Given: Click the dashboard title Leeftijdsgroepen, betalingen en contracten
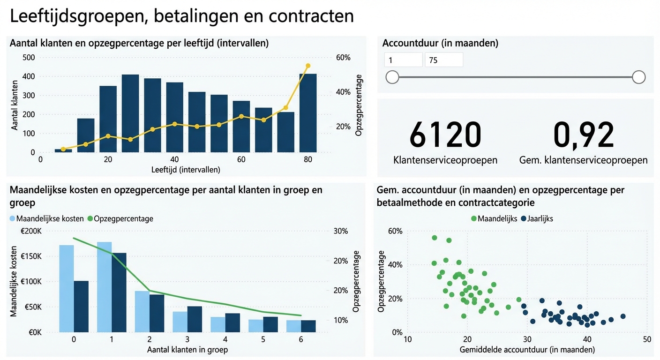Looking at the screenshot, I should tap(181, 16).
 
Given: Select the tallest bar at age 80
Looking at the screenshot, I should tap(308, 113).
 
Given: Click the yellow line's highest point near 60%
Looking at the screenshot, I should tap(308, 66).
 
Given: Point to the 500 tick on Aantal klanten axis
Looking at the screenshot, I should tap(28, 58).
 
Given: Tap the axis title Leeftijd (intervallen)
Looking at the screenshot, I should tap(186, 170).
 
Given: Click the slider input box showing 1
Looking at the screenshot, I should tap(403, 60).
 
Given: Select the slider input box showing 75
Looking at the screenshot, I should tap(443, 60).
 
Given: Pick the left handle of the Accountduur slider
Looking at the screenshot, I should tap(392, 77).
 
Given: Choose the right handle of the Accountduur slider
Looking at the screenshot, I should tap(638, 77).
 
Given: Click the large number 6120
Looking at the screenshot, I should tap(445, 135).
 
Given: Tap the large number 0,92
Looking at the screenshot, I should tap(584, 135).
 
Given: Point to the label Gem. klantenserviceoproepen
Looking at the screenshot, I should tap(584, 160).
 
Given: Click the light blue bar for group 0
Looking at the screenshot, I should tap(67, 288).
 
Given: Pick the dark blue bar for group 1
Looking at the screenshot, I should tap(119, 292).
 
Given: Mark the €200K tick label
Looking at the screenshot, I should tap(31, 231).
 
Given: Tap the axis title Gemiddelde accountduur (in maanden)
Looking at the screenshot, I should tap(527, 350).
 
